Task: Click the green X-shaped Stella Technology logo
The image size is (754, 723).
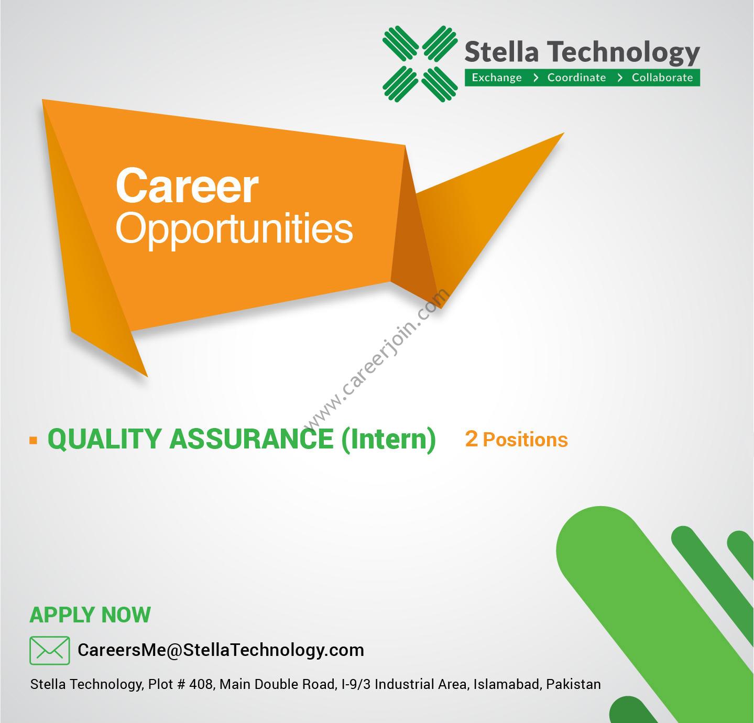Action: point(420,64)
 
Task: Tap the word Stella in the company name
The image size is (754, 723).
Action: point(502,52)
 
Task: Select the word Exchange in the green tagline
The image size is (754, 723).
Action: point(497,78)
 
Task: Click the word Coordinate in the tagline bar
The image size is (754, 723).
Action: point(576,78)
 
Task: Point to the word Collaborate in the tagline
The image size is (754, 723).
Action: point(662,78)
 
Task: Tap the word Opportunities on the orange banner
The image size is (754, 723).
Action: point(234,228)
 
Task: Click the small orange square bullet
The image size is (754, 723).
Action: point(34,440)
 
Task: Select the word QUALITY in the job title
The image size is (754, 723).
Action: point(104,439)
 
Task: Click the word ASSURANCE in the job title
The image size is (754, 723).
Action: point(252,439)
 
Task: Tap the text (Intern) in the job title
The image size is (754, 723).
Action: point(389,440)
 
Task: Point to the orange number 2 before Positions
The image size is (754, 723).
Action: point(471,439)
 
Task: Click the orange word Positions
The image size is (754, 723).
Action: point(526,440)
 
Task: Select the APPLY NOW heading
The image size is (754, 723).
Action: point(90,615)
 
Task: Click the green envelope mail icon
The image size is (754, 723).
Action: point(50,651)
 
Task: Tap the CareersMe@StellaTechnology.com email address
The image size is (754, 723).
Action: point(221,650)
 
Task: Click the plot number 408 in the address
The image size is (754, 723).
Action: point(201,684)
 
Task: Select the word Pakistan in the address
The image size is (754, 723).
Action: point(573,684)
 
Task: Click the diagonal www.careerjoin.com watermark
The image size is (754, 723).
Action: point(376,360)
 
